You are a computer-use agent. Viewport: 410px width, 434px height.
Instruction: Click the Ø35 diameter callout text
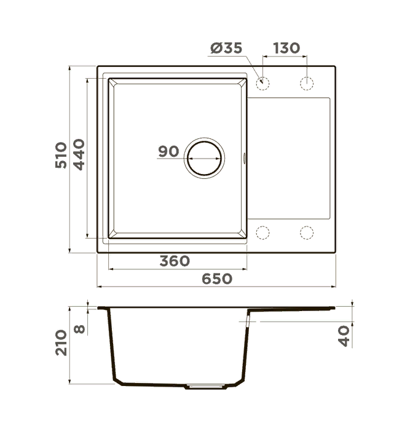226,48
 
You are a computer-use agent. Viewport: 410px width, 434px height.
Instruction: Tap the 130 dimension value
286,48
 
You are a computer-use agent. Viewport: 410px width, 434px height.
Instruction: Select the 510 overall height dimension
61,155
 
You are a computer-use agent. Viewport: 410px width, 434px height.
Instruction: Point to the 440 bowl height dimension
79,154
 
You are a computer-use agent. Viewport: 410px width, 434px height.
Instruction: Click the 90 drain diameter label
168,151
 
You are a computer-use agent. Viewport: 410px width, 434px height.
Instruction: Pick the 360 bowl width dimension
175,261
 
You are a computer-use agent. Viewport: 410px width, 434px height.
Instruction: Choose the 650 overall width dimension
217,278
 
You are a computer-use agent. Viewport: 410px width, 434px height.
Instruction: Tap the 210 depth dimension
61,342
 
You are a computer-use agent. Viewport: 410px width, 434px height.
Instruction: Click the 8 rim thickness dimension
80,329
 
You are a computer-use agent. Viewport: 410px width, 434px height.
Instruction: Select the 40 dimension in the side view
344,336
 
